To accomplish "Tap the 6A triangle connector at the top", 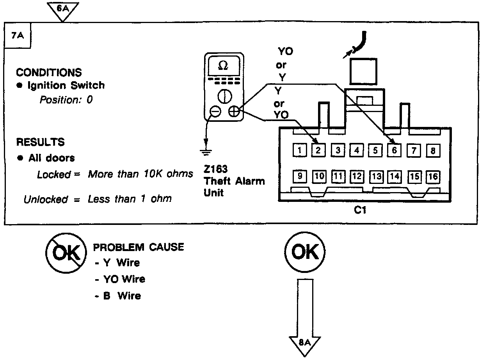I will click(62, 10).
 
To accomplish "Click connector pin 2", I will click(318, 150).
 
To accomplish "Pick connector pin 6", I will click(394, 150).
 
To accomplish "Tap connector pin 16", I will click(432, 176).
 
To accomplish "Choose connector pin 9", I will click(299, 176).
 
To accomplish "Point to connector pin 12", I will click(356, 176).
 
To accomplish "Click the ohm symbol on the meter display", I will click(223, 66).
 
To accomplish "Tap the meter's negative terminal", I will click(215, 112).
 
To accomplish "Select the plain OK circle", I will click(305, 253).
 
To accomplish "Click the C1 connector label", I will click(359, 210).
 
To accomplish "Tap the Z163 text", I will click(215, 169).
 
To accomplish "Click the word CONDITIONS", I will click(49, 73).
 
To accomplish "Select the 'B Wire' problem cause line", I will click(118, 296).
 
